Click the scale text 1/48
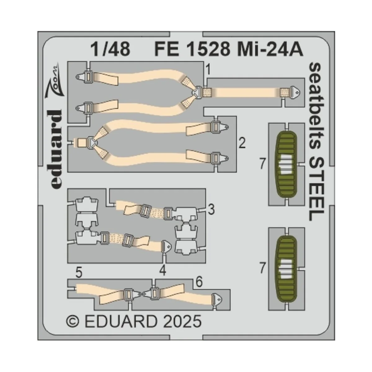coord(111,50)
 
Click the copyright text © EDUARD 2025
coord(134,321)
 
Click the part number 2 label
coord(242,144)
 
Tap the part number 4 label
coord(163,271)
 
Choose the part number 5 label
coord(79,273)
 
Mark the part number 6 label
coord(199,282)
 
